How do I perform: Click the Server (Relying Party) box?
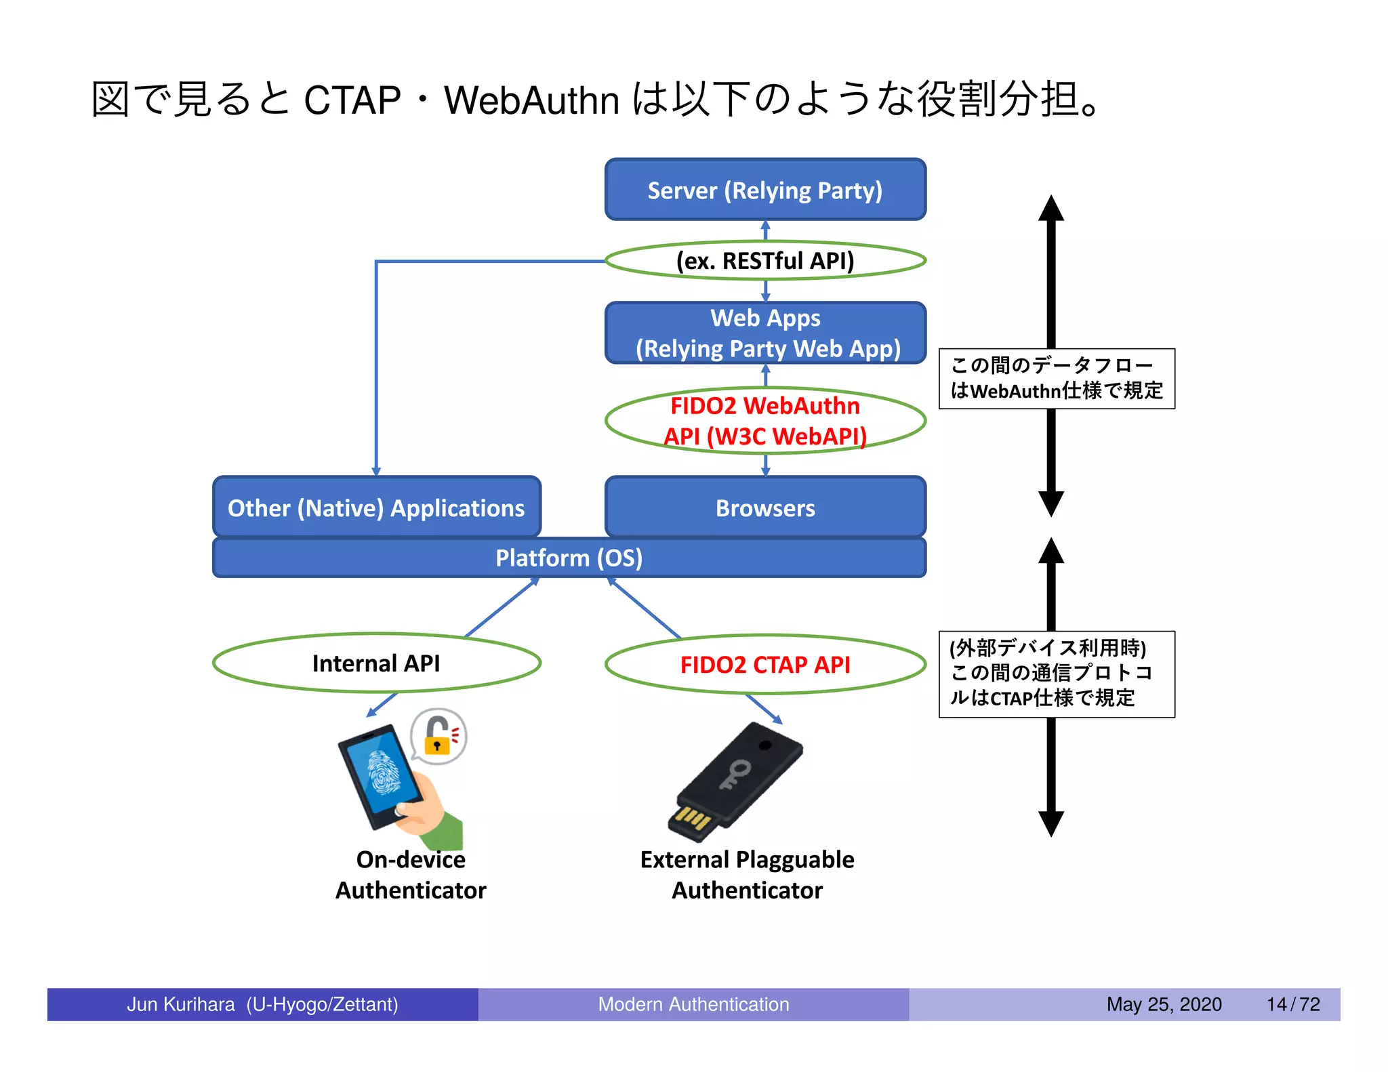(x=765, y=190)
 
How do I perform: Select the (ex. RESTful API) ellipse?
(x=765, y=261)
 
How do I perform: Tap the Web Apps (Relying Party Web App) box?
(x=765, y=333)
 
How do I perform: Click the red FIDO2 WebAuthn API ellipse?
(x=765, y=421)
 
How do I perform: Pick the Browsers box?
(x=765, y=508)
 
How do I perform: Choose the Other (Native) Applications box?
(x=376, y=508)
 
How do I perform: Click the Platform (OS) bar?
(x=569, y=558)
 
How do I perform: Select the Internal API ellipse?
(x=376, y=663)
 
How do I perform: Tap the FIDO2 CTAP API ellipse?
(x=765, y=665)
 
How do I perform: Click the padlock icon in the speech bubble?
(x=438, y=737)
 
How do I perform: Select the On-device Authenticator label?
(x=411, y=875)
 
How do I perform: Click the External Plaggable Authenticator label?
(x=747, y=875)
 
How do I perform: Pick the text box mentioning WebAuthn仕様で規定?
(x=1056, y=379)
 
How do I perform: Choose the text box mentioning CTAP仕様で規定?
(x=1056, y=674)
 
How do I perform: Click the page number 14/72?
(x=1293, y=1004)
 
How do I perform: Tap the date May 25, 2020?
(x=1164, y=1004)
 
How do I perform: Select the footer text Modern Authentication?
(x=693, y=1004)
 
